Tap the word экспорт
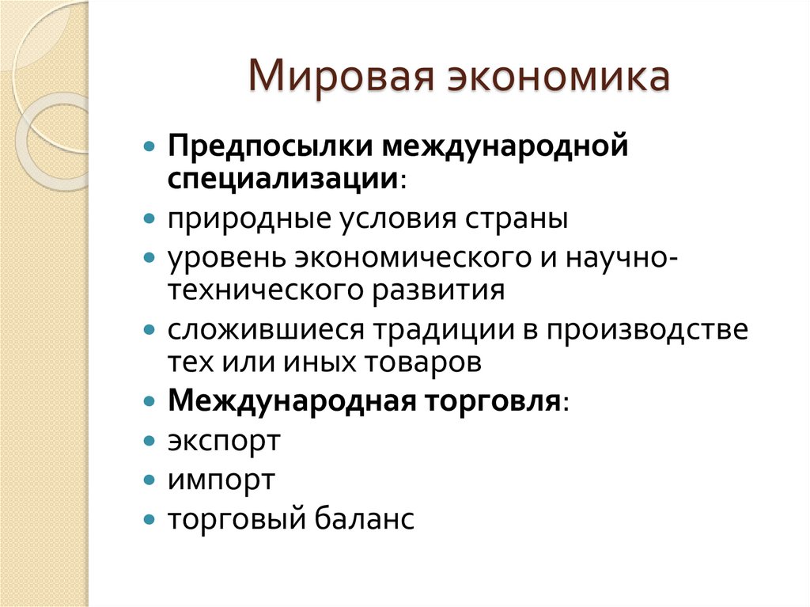point(224,442)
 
